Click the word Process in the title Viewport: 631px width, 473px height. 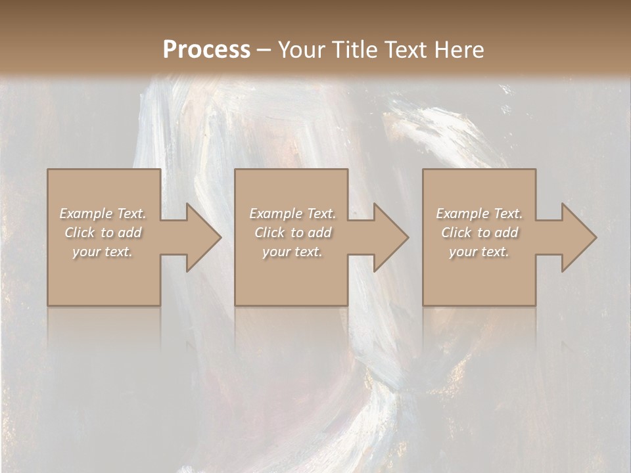pyautogui.click(x=206, y=49)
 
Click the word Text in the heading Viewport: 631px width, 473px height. pyautogui.click(x=403, y=49)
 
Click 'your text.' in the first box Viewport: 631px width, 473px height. pyautogui.click(x=103, y=252)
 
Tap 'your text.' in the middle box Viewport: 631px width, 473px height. pyautogui.click(x=292, y=252)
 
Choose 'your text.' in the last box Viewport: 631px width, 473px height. pyautogui.click(x=479, y=252)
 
